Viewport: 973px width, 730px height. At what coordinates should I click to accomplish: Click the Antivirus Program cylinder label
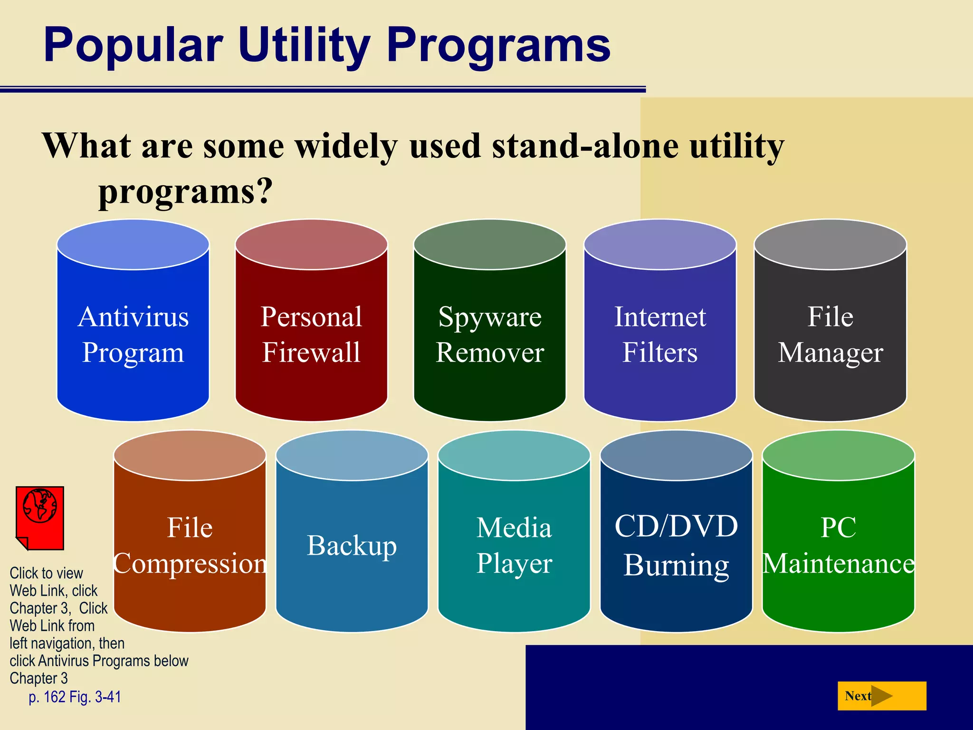tap(133, 335)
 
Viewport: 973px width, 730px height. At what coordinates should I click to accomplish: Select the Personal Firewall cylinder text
tap(311, 335)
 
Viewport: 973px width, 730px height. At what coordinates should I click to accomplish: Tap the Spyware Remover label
tap(490, 335)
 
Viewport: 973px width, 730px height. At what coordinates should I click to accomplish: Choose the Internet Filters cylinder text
tap(660, 335)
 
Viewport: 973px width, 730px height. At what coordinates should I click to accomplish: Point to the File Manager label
tap(830, 335)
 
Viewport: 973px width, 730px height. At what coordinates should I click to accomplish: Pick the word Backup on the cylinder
tap(352, 546)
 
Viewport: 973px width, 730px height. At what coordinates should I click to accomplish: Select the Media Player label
tap(514, 546)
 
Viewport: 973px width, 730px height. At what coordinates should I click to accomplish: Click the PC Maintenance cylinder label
tap(838, 546)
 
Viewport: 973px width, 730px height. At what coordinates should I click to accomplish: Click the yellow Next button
tap(881, 696)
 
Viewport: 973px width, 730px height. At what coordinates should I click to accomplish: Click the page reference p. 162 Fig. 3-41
tap(75, 697)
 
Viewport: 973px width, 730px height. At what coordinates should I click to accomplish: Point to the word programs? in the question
tap(185, 191)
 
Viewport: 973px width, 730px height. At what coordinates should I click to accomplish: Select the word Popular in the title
tap(133, 45)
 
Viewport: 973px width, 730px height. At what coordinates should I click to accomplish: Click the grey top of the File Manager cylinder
tap(830, 244)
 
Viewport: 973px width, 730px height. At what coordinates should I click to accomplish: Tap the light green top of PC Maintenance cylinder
tap(838, 455)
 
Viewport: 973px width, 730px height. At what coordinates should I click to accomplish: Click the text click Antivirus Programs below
tap(99, 661)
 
